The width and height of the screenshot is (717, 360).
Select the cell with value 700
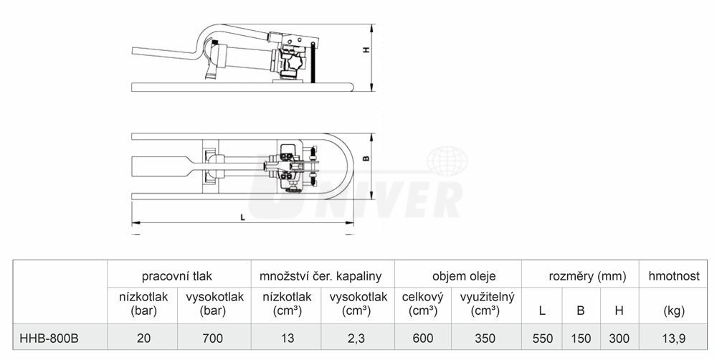213,338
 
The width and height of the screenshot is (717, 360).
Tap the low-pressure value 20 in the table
143,338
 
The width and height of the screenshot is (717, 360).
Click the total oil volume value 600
422,338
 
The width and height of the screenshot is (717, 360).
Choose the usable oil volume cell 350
485,338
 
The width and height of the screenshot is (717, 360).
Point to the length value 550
542,338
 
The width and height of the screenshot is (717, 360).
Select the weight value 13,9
673,338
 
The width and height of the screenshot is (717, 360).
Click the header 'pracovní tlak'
177,276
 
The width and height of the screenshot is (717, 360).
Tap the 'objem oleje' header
464,276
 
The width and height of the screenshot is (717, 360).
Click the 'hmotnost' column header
674,276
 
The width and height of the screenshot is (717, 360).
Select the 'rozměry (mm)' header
587,276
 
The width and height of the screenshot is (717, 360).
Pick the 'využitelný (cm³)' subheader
488,304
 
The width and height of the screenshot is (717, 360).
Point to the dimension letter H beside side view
366,50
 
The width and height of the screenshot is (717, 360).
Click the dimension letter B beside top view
366,158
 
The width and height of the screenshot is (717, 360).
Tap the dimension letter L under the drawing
243,217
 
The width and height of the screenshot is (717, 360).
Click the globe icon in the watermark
447,161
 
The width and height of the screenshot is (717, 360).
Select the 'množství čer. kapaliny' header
320,276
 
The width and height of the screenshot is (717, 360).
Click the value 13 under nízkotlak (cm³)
288,338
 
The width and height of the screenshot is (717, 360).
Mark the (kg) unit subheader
674,311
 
